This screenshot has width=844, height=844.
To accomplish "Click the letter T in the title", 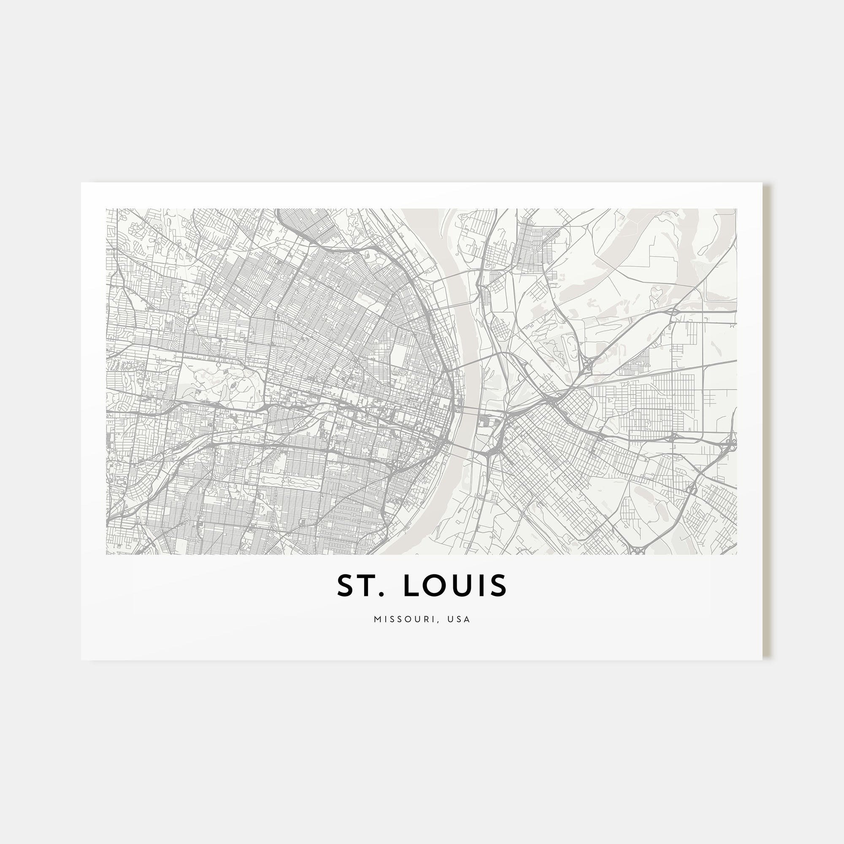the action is pyautogui.click(x=365, y=586).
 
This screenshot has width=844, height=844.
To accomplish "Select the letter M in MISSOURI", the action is pyautogui.click(x=377, y=619).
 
